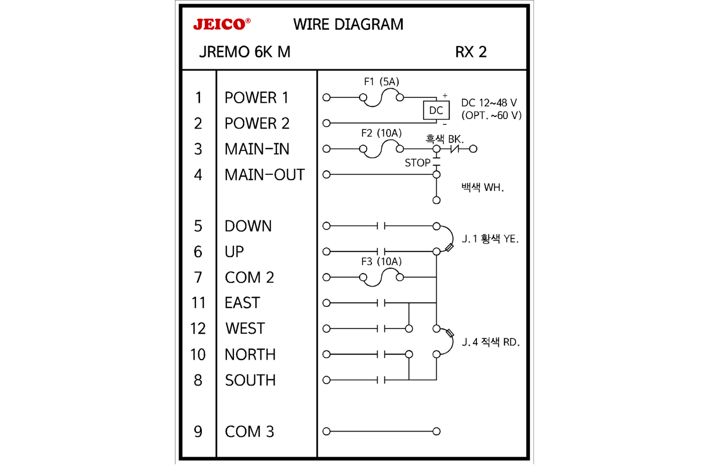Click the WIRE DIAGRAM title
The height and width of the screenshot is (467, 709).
pos(348,24)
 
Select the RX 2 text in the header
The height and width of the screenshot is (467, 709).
pos(470,52)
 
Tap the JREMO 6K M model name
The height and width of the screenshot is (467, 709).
pos(244,52)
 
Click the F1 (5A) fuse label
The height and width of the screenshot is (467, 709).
pos(381,82)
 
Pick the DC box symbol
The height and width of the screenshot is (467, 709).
pos(436,111)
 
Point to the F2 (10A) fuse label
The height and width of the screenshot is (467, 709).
pos(381,133)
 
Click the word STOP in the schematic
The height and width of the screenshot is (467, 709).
pos(417,163)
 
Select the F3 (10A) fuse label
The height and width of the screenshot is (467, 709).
pos(381,262)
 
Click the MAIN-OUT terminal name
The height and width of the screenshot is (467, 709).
pos(265,175)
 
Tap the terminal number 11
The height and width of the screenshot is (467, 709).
pos(199,303)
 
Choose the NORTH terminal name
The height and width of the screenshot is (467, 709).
pos(250,355)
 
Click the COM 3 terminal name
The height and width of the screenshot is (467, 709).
pos(249,432)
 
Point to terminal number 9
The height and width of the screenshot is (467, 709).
pos(198,432)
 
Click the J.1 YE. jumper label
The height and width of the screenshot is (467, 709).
pos(490,239)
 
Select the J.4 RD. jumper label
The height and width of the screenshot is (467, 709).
pos(491,342)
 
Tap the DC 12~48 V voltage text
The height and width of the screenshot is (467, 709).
pos(489,103)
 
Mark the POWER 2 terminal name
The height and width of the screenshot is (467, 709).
pos(257,123)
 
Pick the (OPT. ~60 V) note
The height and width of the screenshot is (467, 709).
pos(491,116)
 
